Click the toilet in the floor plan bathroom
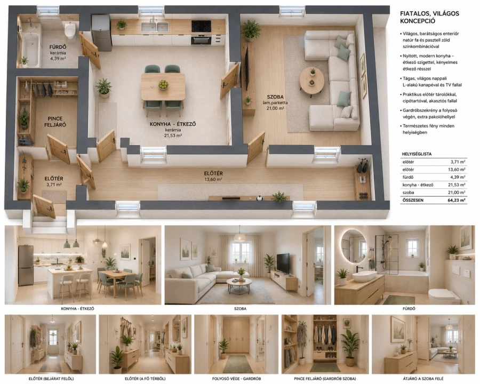click(x=70, y=30)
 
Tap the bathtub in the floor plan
click(x=30, y=49)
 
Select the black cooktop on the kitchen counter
click(x=201, y=26)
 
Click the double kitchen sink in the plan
click(x=154, y=27)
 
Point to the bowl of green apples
click(x=163, y=84)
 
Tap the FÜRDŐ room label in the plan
click(x=58, y=47)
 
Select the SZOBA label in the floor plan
click(x=275, y=97)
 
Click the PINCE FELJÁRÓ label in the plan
click(x=55, y=122)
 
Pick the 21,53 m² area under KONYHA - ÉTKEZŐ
click(x=173, y=135)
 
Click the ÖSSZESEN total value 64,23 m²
click(x=456, y=201)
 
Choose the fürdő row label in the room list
click(x=408, y=177)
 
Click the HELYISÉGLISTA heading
click(x=417, y=154)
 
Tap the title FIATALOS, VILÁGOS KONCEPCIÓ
click(x=429, y=17)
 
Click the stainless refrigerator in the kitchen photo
click(x=26, y=265)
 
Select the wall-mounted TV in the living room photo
click(x=283, y=263)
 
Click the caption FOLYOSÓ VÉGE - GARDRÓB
click(x=236, y=379)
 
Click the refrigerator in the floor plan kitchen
click(x=101, y=33)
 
